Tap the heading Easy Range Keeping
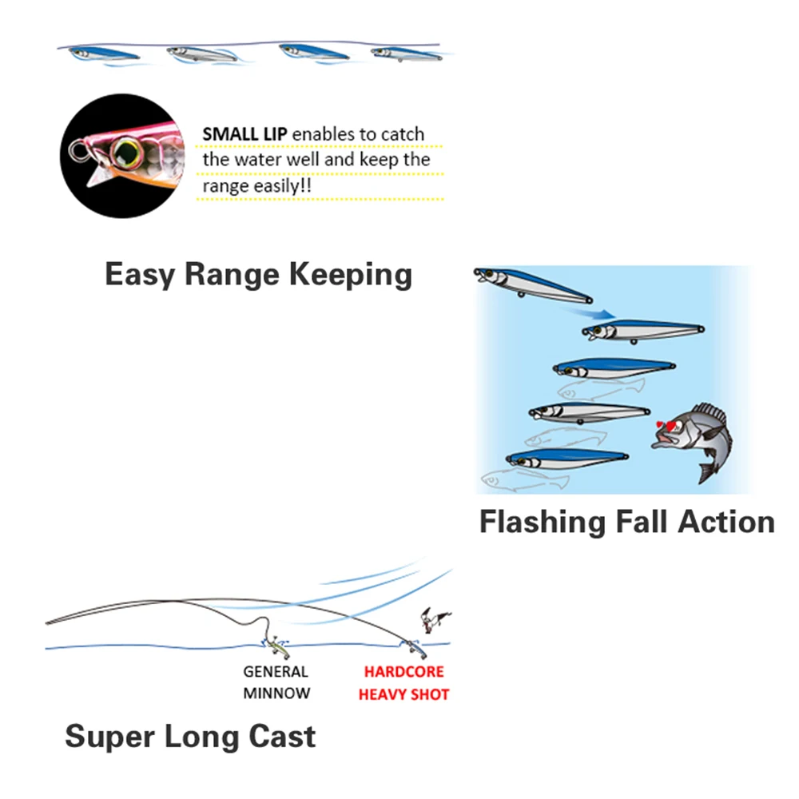tap(258, 275)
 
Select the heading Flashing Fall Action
tap(626, 522)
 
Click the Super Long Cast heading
tap(190, 736)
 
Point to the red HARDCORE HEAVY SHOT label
tap(403, 683)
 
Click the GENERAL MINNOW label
tap(276, 682)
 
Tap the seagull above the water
tap(435, 618)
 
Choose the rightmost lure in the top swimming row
tap(404, 54)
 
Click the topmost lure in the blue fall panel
tap(531, 284)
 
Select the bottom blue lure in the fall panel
tap(566, 460)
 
